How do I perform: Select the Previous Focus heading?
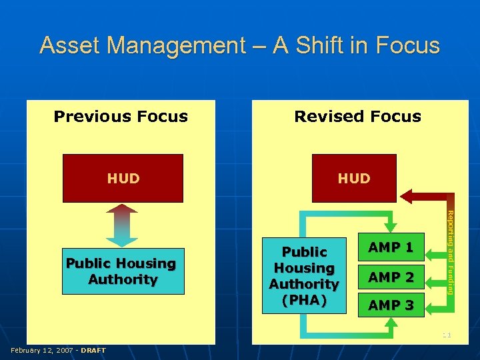click(x=121, y=117)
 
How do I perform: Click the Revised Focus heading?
click(x=357, y=117)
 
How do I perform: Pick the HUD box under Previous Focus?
click(x=123, y=178)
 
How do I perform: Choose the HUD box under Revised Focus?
click(x=354, y=178)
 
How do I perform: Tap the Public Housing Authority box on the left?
click(x=122, y=271)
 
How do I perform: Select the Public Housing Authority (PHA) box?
click(x=305, y=275)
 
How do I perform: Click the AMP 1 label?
click(x=391, y=247)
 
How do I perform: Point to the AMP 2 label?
click(x=391, y=277)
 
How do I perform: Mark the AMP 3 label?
click(x=391, y=305)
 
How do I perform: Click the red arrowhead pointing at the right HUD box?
click(x=408, y=195)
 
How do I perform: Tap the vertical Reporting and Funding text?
click(x=451, y=252)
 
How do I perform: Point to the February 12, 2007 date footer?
click(x=42, y=350)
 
